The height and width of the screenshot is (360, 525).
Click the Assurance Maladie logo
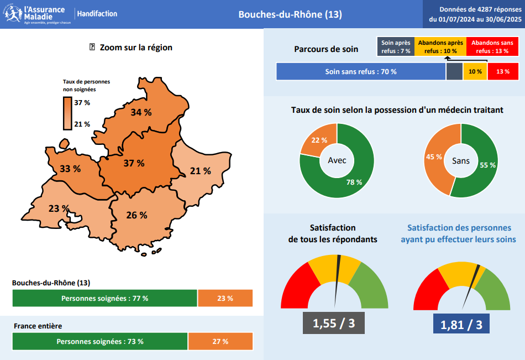click(36, 14)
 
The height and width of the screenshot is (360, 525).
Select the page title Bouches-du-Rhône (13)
click(290, 14)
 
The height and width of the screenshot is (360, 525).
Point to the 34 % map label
click(141, 112)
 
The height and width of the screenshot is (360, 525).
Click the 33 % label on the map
click(70, 169)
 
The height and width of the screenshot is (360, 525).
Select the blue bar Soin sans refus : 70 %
click(360, 72)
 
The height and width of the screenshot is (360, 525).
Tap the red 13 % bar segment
click(503, 72)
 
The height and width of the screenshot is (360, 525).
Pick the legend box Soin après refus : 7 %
click(396, 46)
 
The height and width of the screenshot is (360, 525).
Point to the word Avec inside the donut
click(337, 160)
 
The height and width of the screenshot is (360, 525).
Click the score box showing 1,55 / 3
click(334, 323)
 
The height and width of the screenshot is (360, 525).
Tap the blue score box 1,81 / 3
click(461, 324)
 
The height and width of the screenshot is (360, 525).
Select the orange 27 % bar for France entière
click(220, 341)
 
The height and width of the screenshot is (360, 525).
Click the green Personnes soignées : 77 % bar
click(104, 298)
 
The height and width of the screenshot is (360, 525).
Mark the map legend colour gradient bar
click(67, 113)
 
